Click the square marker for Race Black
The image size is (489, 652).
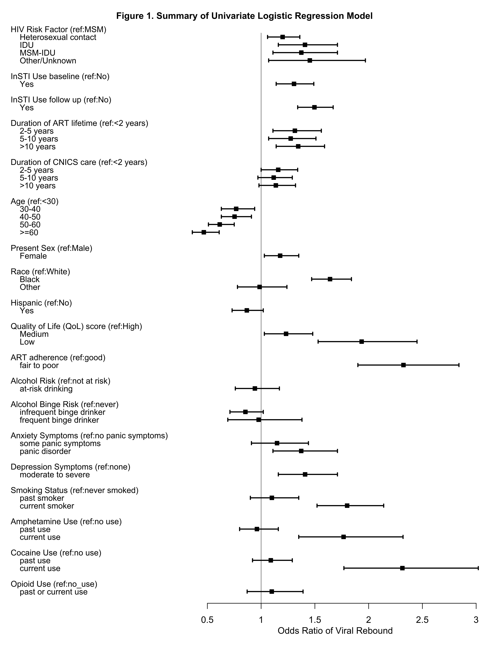click(x=330, y=279)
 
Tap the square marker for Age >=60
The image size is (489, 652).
click(x=204, y=232)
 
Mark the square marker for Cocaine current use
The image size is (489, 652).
click(x=402, y=568)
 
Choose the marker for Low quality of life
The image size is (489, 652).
click(x=362, y=342)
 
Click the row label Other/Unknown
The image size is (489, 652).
click(x=48, y=61)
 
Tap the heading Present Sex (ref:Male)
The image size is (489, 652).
click(x=52, y=248)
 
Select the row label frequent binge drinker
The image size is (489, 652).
click(x=59, y=420)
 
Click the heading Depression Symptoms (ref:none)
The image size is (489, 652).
click(x=70, y=467)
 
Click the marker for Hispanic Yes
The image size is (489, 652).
click(x=247, y=310)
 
